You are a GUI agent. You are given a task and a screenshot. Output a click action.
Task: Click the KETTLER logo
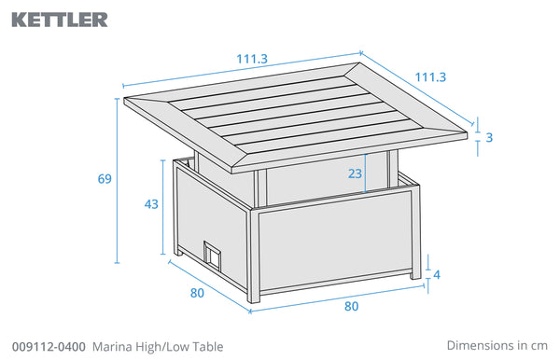pos(60,20)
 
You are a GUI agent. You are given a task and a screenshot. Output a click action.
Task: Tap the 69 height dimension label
pos(105,178)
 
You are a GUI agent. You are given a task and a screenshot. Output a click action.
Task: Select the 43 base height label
pos(151,204)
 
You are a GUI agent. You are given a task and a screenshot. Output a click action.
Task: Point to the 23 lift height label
pos(355,173)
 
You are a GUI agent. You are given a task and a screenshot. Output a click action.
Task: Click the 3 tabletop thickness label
pos(489,137)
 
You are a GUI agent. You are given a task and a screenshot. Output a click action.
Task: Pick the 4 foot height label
pos(437,275)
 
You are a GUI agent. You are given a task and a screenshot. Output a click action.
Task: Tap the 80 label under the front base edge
pos(352,306)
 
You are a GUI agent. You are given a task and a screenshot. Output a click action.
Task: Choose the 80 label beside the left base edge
pos(197,293)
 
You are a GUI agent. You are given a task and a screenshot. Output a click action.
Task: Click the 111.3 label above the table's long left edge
pos(252,59)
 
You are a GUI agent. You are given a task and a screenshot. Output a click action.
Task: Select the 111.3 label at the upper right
pos(430,77)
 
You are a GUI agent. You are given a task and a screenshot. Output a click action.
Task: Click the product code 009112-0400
pos(49,346)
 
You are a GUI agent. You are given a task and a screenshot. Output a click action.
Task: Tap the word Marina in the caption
pos(109,346)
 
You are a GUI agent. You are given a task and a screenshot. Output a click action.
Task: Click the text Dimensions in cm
pos(497,345)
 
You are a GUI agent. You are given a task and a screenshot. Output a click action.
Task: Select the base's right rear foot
pos(415,275)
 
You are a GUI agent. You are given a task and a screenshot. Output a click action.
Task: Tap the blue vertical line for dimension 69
pos(117,181)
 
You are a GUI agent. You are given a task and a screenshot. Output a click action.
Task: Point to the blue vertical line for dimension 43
pos(163,207)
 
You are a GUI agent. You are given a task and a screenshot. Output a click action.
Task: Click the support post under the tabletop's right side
pos(393,169)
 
